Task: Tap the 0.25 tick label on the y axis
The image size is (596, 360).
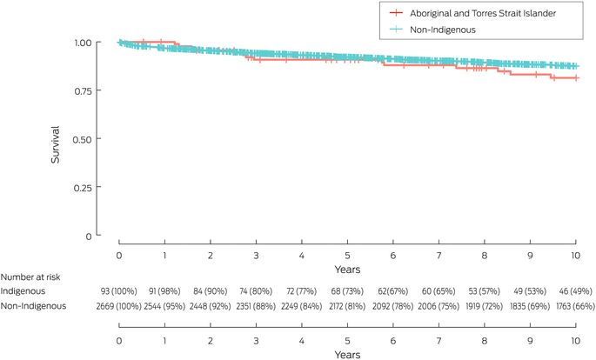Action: (83, 187)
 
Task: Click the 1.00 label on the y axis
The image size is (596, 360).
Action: (83, 42)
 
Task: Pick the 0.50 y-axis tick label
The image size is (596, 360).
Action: (83, 138)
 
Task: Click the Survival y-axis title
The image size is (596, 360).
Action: (55, 139)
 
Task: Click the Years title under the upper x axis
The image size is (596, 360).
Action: (347, 269)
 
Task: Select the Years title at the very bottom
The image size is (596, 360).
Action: (347, 354)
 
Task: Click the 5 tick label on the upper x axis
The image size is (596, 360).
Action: (347, 256)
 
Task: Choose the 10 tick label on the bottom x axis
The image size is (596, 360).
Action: (575, 340)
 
